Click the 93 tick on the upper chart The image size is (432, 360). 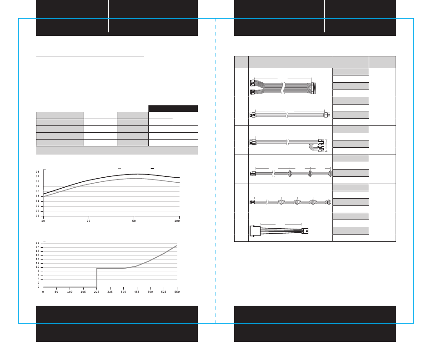pyautogui.click(x=37, y=172)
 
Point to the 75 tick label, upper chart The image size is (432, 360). pyautogui.click(x=37, y=216)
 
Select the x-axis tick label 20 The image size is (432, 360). pyautogui.click(x=88, y=221)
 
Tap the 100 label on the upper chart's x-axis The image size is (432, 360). pyautogui.click(x=177, y=221)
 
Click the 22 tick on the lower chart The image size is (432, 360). pyautogui.click(x=38, y=243)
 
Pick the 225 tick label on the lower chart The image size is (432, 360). pyautogui.click(x=96, y=292)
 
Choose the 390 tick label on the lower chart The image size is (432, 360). pyautogui.click(x=123, y=292)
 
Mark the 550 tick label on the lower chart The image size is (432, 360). pyautogui.click(x=177, y=292)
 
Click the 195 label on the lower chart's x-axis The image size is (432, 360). pyautogui.click(x=83, y=292)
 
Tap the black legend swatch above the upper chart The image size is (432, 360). pyautogui.click(x=152, y=169)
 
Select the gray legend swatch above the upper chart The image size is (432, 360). pyautogui.click(x=119, y=169)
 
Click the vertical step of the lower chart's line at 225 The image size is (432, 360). pyautogui.click(x=97, y=278)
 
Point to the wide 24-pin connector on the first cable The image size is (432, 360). pyautogui.click(x=313, y=88)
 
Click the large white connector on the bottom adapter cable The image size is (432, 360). pyautogui.click(x=255, y=231)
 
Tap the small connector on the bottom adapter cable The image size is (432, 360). pyautogui.click(x=305, y=231)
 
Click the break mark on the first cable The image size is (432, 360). pyautogui.click(x=283, y=88)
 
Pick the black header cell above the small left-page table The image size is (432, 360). pyautogui.click(x=173, y=109)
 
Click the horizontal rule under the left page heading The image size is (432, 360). pyautogui.click(x=90, y=56)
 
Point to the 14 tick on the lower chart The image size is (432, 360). pyautogui.click(x=38, y=259)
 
